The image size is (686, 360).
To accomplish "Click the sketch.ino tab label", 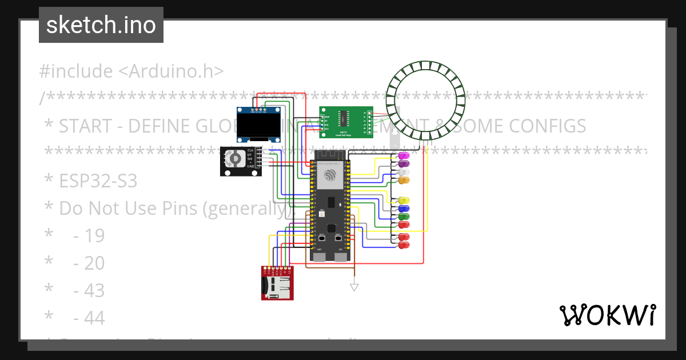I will coord(101,25).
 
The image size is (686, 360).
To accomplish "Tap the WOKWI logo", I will coord(607,315).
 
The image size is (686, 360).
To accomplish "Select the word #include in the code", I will coord(76,71).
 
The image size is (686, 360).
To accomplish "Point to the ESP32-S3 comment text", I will coord(98,181).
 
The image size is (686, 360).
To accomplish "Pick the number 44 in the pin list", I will coord(89,318).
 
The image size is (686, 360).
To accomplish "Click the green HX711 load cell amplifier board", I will coord(346,122).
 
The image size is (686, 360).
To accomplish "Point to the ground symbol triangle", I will coord(354,287).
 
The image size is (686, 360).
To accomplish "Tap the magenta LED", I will coord(404,156).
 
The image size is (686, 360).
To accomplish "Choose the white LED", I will coord(404,172).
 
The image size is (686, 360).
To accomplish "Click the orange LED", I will coord(404,181).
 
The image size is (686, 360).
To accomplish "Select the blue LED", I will coord(404,209).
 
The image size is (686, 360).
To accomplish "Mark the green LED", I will coord(404,217).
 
